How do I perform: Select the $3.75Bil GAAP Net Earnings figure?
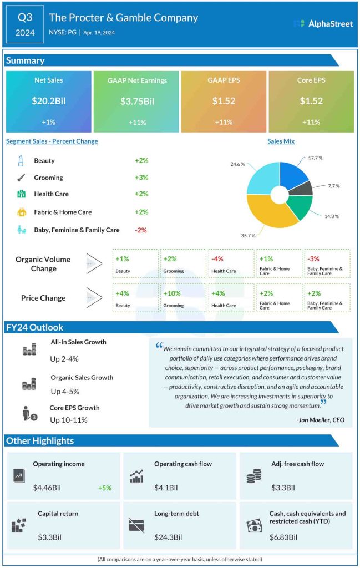point(136,101)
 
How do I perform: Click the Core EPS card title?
point(311,80)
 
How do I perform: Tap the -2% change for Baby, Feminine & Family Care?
point(141,230)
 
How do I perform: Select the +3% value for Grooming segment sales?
point(141,178)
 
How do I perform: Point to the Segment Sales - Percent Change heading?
point(52,141)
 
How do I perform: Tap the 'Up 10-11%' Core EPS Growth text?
point(68,420)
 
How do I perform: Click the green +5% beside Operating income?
point(105,488)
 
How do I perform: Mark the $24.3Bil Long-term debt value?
point(166,537)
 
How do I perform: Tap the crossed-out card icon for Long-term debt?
point(136,525)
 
